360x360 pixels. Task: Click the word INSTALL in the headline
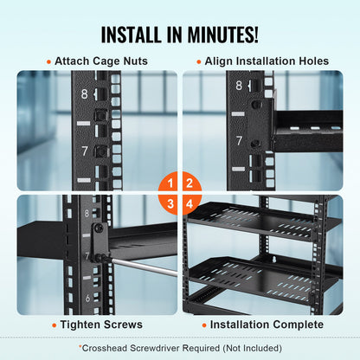pos(138,35)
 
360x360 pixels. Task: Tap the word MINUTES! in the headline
pos(222,35)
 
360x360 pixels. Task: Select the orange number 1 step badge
pos(171,183)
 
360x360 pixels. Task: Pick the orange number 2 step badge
pos(190,183)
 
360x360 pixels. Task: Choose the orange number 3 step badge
pos(171,202)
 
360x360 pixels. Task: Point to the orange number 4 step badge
pos(190,202)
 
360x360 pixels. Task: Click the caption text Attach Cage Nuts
pos(102,61)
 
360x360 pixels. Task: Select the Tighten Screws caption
pos(96,325)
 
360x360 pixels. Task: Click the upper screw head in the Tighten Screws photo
pos(99,228)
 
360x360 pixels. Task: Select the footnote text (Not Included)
pos(253,348)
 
